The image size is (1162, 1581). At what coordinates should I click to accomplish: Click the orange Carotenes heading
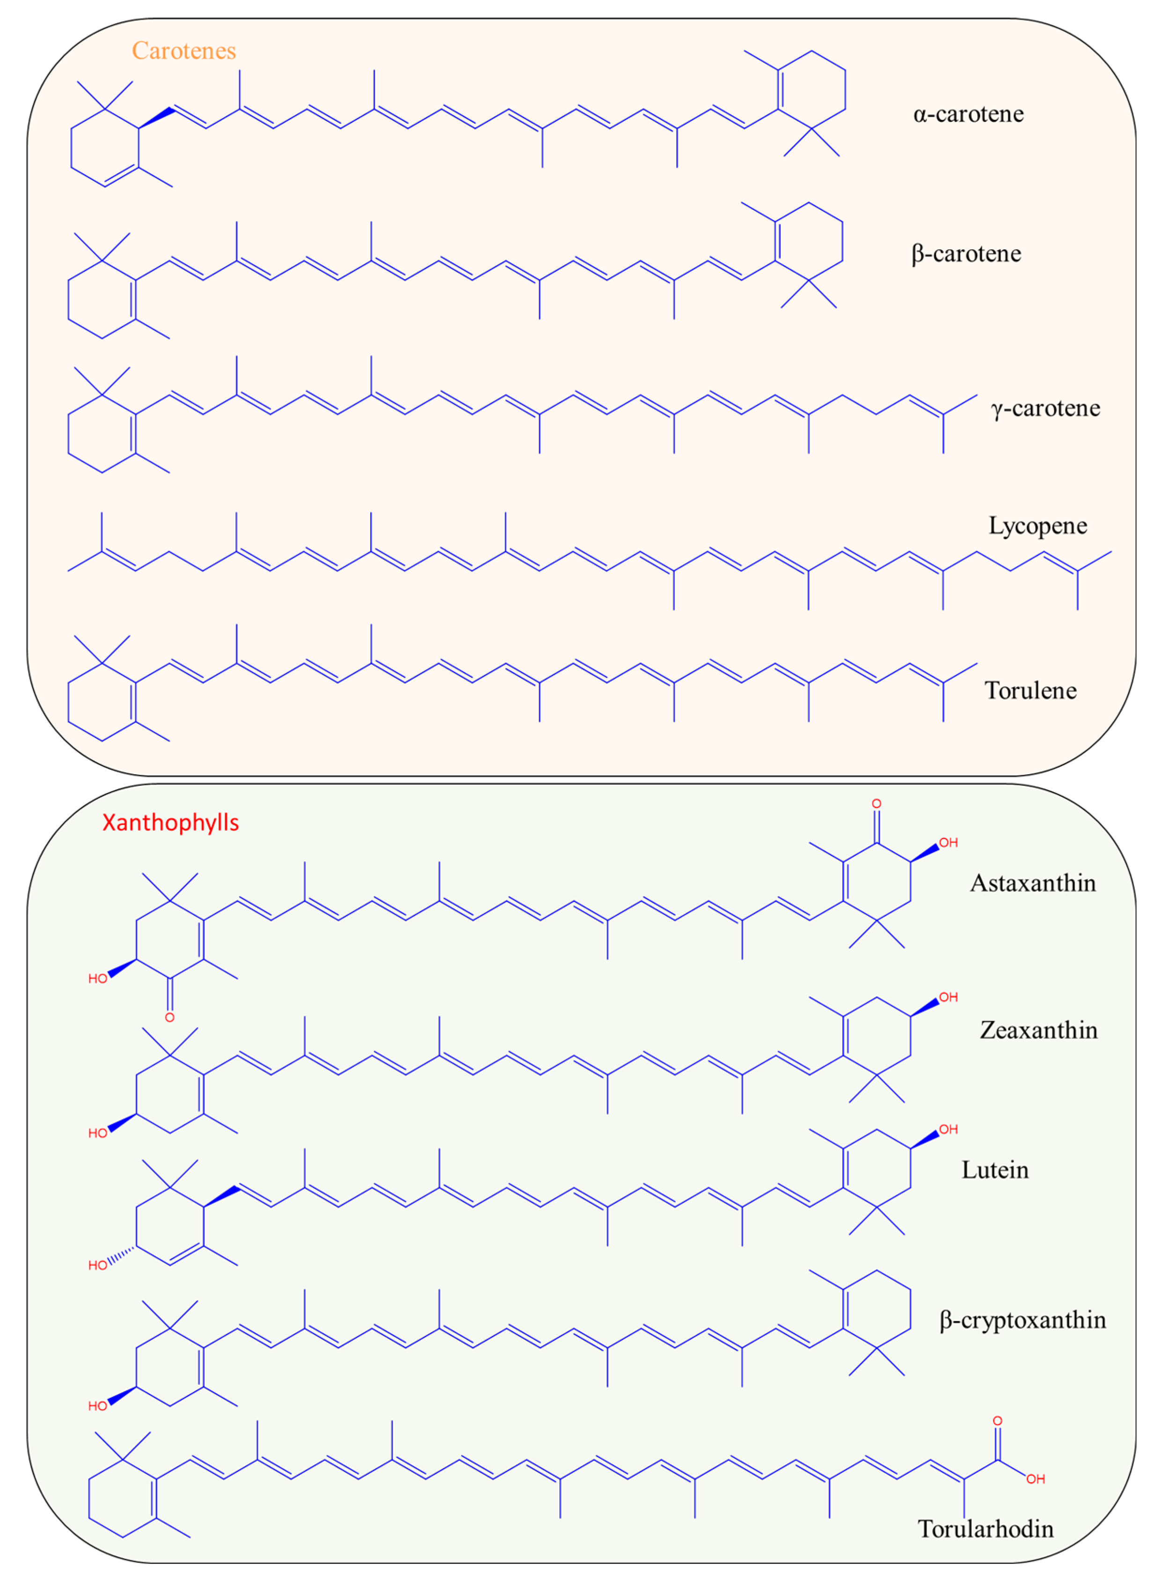pos(184,51)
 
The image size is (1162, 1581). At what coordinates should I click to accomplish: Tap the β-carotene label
pos(966,253)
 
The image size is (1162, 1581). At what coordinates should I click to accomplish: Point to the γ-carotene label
pos(1045,408)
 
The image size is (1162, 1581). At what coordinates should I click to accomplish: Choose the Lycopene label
pos(1037,526)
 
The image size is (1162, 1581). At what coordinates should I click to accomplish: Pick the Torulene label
pos(1030,690)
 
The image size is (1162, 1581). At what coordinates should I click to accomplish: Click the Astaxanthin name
pos(1033,883)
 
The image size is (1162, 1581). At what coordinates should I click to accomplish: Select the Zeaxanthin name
pos(1038,1030)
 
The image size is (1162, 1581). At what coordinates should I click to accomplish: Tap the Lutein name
pos(994,1170)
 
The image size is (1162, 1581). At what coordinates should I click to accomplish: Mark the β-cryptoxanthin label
pos(1022,1320)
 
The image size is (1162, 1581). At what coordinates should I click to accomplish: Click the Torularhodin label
pos(985,1529)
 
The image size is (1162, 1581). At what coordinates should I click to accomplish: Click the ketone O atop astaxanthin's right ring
pos(876,803)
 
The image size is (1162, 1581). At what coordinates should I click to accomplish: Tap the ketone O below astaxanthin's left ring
pos(169,1017)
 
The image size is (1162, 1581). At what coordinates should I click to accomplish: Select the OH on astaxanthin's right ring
pos(948,843)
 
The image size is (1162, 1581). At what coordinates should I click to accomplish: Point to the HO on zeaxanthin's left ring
pos(98,1133)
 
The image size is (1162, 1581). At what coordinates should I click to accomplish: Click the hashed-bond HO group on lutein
pos(98,1266)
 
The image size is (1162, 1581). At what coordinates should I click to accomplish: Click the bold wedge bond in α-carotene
pos(156,118)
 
